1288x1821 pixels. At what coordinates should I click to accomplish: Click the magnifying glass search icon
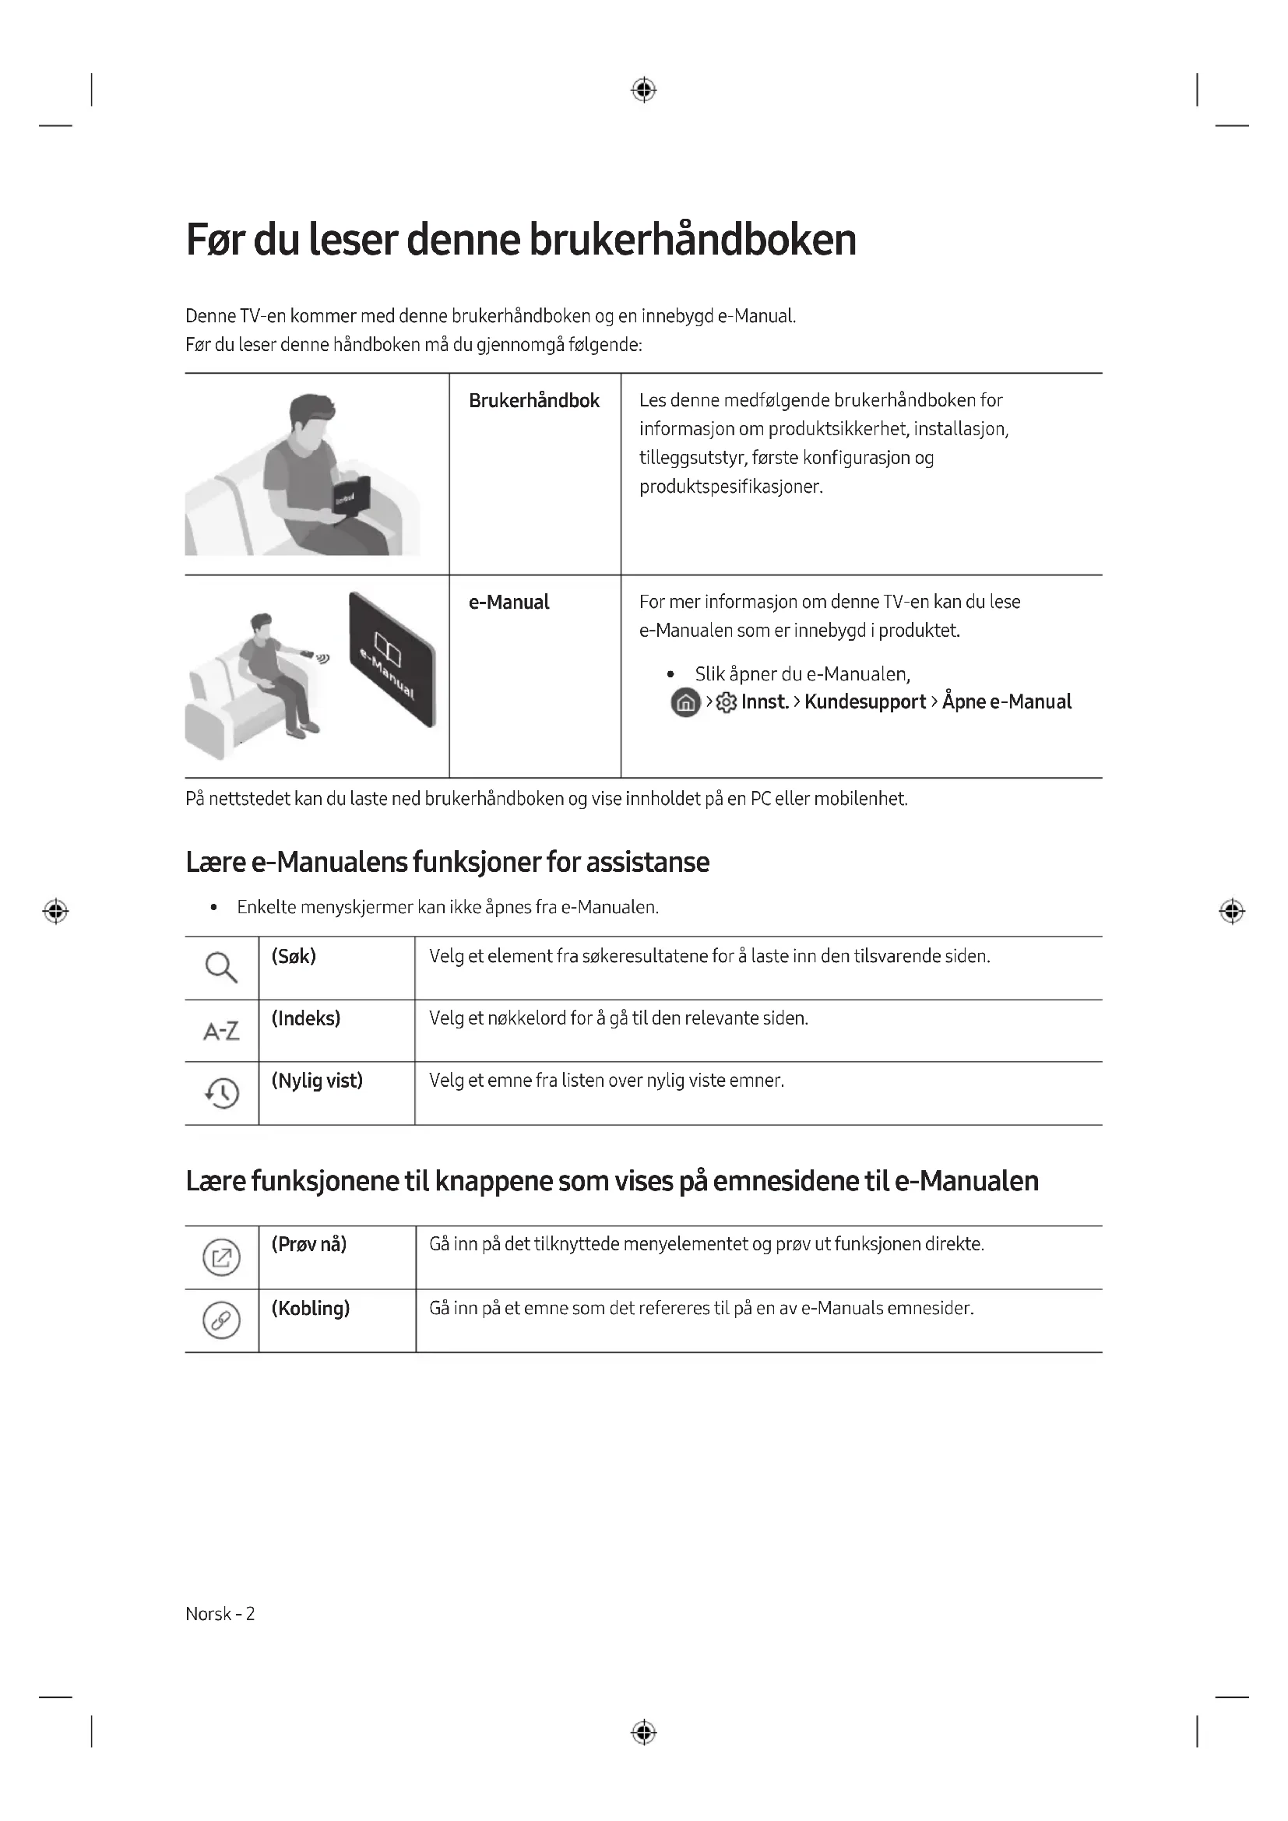(221, 967)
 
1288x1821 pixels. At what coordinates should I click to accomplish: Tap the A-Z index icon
(221, 1031)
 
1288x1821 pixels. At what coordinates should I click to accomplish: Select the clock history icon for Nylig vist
(222, 1093)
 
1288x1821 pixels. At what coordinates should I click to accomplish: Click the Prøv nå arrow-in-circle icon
(221, 1257)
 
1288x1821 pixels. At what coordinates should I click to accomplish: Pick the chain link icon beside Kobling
(221, 1320)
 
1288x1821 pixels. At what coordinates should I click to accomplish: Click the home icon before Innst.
(685, 703)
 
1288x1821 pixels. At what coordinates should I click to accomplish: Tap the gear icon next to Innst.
(726, 703)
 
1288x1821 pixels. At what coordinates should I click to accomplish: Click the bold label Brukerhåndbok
(533, 400)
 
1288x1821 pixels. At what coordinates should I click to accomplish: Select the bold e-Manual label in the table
(509, 602)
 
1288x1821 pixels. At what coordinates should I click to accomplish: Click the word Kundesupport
(864, 702)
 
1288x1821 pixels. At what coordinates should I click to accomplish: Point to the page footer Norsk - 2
(220, 1613)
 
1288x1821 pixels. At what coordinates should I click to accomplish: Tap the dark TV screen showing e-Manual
(392, 659)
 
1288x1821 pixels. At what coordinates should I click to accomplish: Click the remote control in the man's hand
(306, 653)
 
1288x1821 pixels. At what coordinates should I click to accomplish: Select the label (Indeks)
(305, 1018)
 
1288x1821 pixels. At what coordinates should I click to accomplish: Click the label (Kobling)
(310, 1308)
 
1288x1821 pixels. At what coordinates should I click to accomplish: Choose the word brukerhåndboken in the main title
(692, 240)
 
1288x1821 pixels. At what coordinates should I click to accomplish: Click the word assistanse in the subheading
(647, 862)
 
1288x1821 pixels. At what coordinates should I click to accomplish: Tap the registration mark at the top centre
(643, 90)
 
